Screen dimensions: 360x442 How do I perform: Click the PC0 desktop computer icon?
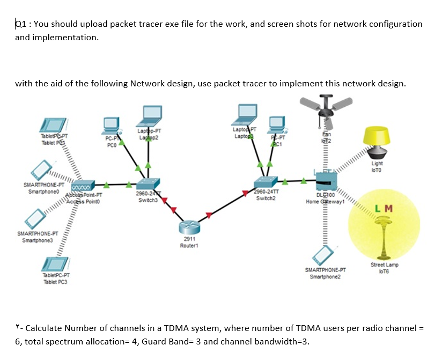(112, 124)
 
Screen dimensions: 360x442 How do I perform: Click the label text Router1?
(189, 245)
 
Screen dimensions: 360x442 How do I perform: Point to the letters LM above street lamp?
(384, 208)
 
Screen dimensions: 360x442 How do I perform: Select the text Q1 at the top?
(20, 24)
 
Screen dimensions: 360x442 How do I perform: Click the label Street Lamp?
(384, 265)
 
